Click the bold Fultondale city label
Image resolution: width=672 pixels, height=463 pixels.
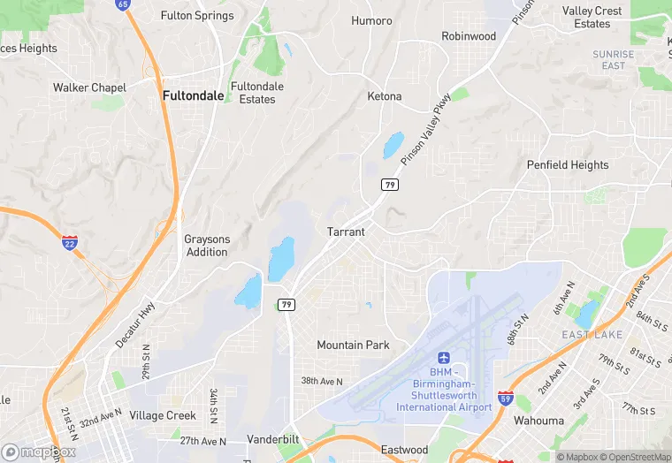[x=193, y=95]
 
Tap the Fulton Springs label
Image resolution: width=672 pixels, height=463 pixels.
[x=197, y=15]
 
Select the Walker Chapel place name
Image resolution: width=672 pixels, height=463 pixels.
[x=89, y=87]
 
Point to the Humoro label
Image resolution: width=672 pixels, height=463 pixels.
[x=371, y=20]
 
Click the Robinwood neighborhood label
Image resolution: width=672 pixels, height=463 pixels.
[x=469, y=36]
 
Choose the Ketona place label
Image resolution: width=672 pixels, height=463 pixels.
[x=384, y=96]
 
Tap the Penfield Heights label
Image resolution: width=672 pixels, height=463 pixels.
[x=568, y=164]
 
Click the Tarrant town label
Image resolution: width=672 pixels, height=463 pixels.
[x=346, y=231]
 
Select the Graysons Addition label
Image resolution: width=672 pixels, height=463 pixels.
[x=207, y=246]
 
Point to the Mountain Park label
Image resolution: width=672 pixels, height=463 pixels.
[x=353, y=345]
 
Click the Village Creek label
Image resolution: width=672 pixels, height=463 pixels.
[x=163, y=415]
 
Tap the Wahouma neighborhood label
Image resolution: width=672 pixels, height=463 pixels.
[x=538, y=421]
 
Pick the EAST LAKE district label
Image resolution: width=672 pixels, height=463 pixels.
[x=592, y=335]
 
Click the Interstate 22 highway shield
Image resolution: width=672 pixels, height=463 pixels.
[x=70, y=242]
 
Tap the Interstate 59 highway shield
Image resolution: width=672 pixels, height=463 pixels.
[x=506, y=398]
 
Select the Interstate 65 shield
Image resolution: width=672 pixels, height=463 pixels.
[x=122, y=4]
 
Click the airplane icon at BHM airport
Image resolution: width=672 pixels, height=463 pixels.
[x=444, y=358]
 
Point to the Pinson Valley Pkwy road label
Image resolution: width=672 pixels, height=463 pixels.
[x=425, y=129]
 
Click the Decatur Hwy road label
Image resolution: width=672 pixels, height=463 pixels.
[x=134, y=324]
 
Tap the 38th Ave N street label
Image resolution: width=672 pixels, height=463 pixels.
[x=321, y=381]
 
